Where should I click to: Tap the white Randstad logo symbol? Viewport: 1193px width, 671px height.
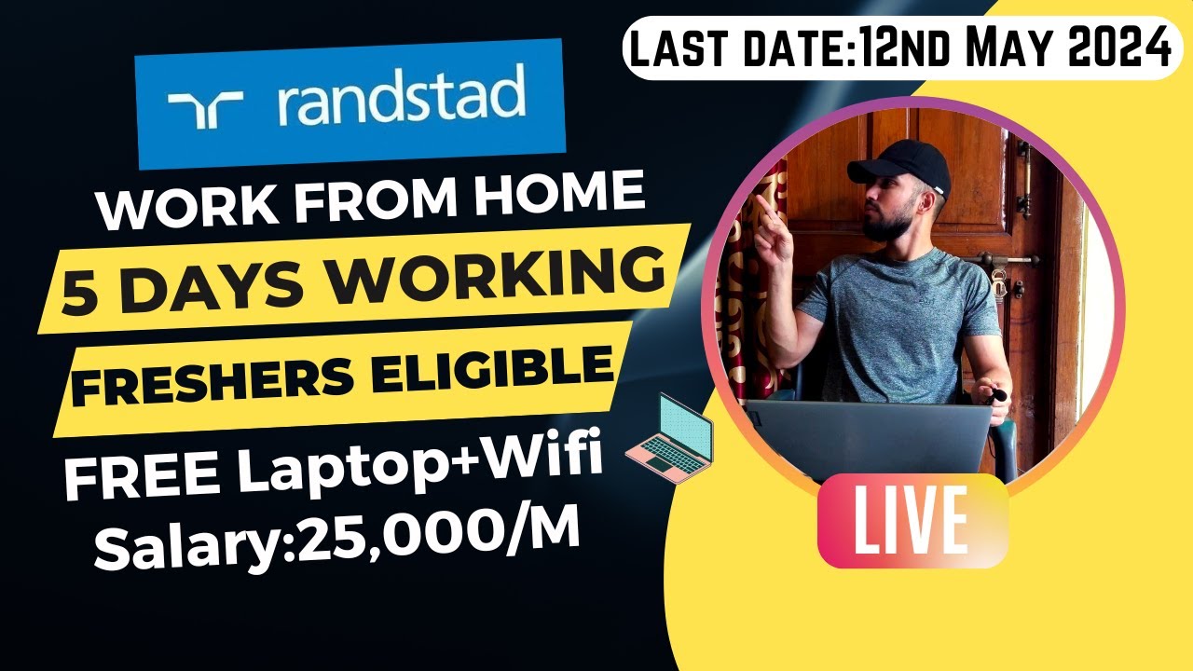(x=205, y=111)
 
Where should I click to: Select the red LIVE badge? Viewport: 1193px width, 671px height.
(x=912, y=520)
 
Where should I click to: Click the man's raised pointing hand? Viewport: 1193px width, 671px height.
(x=773, y=225)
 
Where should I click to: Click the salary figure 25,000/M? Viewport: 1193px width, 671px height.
(x=438, y=535)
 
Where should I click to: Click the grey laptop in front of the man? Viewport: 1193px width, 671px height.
(x=868, y=438)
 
